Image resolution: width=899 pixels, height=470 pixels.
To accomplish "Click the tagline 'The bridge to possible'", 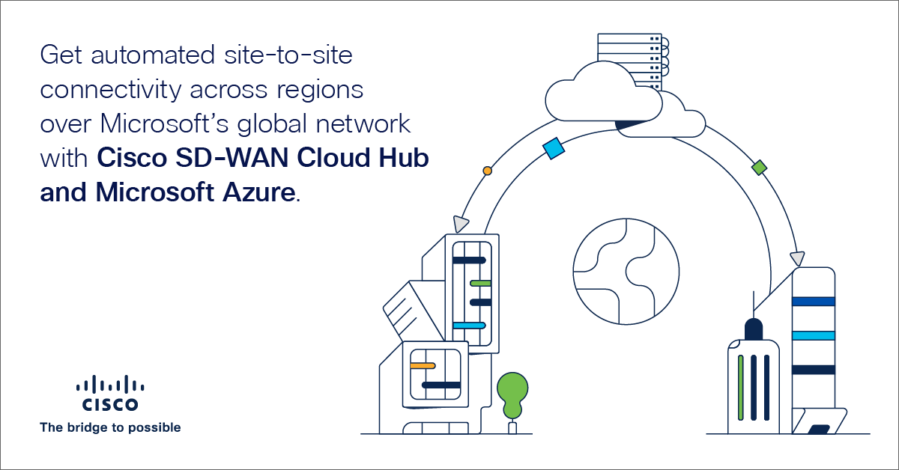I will coord(110,428).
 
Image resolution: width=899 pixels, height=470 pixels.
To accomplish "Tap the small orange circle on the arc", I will coord(488,171).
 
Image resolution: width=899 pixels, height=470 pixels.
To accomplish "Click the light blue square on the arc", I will coord(554,148).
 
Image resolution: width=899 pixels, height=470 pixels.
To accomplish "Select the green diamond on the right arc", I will coord(760,167).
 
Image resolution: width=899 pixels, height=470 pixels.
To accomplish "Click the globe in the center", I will coord(626,271).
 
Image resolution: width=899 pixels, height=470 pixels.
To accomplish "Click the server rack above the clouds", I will coord(629,56).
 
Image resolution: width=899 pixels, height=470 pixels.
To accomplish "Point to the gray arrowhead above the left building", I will coord(459,225).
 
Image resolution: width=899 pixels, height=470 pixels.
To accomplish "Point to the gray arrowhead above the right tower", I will coord(798,258).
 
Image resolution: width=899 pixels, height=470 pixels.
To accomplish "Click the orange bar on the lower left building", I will coord(423,366).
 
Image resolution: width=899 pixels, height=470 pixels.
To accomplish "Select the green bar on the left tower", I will coord(480,283).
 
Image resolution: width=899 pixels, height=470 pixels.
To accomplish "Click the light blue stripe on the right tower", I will coord(813,335).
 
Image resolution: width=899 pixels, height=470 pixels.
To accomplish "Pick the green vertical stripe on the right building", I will coord(740,387).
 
